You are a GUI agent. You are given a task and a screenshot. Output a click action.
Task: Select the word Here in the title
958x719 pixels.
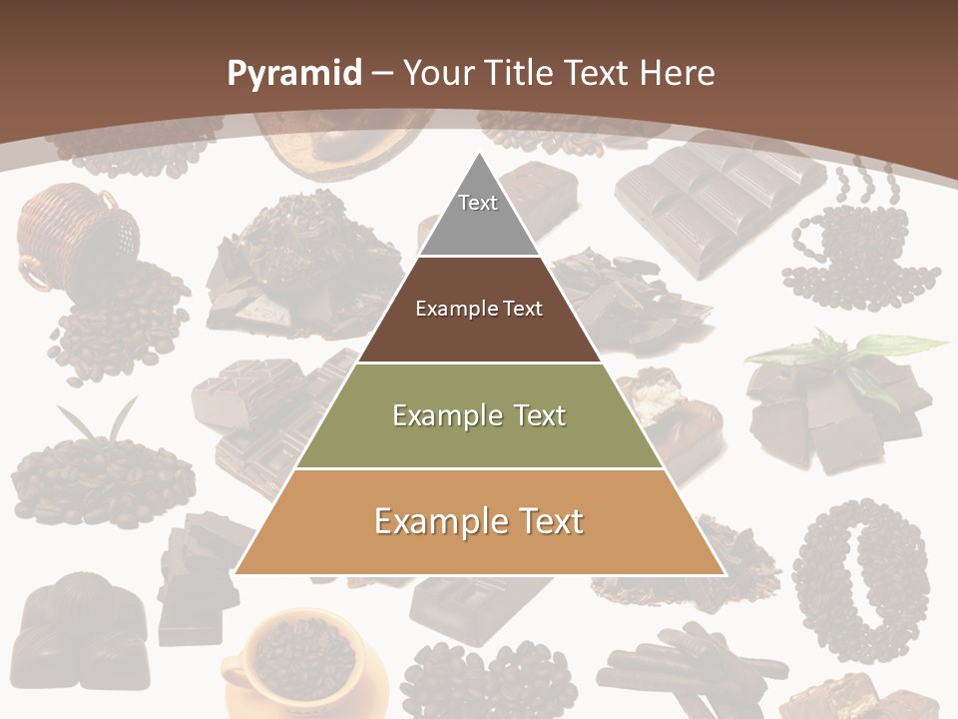click(x=678, y=74)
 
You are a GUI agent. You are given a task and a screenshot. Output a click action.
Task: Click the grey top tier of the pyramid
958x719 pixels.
click(x=479, y=215)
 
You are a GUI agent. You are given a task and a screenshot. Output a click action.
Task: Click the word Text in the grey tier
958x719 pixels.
click(x=478, y=203)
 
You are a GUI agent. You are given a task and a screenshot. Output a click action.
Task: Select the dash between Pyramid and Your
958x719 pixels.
click(x=381, y=74)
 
